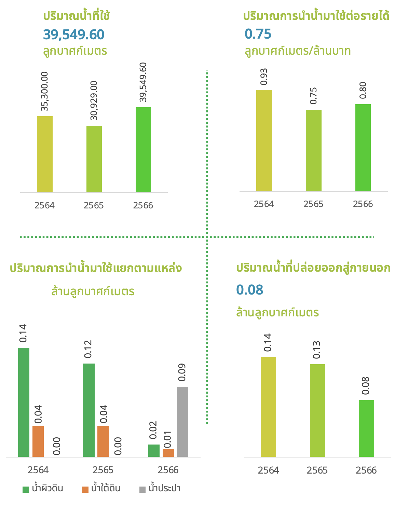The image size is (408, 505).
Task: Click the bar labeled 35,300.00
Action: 45,154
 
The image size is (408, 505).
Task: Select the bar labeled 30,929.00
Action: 94,159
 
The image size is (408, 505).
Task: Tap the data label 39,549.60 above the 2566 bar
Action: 143,82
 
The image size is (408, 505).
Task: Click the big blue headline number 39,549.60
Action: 73,35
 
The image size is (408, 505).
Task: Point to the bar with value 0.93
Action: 264,140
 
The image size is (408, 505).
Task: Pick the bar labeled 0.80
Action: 363,148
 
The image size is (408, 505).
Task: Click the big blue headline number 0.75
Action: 258,34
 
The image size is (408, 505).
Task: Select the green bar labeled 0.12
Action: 89,410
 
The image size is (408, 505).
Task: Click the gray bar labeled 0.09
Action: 182,422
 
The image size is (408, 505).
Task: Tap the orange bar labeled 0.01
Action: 168,453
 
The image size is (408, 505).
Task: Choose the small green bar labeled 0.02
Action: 154,451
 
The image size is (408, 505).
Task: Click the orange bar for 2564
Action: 38,441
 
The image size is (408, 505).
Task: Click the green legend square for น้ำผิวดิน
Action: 26,489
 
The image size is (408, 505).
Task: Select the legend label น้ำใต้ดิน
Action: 106,489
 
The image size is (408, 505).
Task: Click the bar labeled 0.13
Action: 317,410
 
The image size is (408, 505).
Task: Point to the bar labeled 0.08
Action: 366,428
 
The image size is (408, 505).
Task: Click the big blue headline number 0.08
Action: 250,290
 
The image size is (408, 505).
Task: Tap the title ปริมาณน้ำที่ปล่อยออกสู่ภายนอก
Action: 313,268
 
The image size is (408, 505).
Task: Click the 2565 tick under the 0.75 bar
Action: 313,204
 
